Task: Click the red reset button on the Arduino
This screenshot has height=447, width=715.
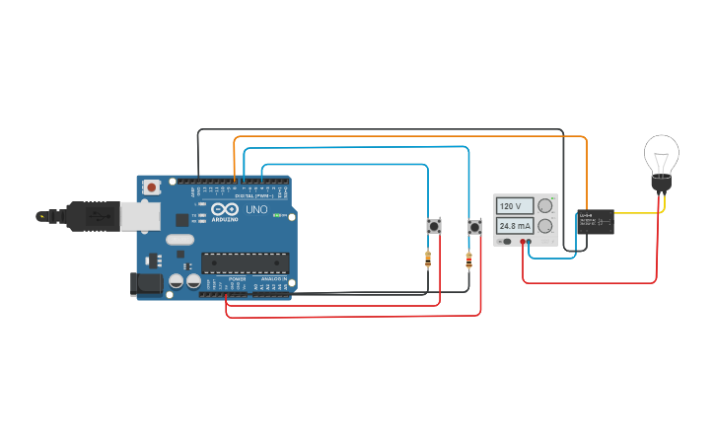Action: (x=151, y=186)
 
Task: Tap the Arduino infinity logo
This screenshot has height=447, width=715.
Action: (x=224, y=209)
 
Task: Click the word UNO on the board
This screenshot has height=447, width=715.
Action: (x=255, y=209)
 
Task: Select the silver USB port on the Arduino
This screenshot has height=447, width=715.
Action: (x=99, y=214)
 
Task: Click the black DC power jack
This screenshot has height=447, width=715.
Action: (x=147, y=284)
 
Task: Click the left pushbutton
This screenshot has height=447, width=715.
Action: (x=432, y=228)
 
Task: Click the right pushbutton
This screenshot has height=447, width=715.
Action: (x=474, y=228)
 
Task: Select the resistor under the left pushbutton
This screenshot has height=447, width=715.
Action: (x=427, y=261)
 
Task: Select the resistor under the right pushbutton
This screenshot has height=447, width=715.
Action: (x=468, y=261)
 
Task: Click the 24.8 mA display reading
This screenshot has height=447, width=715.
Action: (x=514, y=225)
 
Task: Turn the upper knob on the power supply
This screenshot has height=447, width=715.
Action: (x=545, y=206)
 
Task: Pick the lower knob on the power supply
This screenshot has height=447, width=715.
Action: (x=545, y=226)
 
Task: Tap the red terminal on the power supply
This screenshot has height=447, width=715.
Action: (x=523, y=242)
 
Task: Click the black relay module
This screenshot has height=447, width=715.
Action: (x=596, y=222)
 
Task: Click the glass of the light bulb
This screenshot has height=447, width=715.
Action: (x=661, y=156)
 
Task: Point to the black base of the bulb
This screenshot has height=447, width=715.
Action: (x=661, y=185)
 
